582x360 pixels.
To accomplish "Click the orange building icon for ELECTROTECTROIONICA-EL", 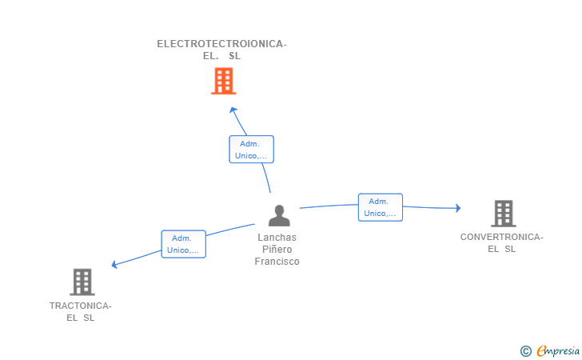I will coord(223,81).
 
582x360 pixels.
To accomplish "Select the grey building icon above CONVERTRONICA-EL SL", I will coord(502,213).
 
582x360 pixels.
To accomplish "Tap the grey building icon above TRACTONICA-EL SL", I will coord(82,282).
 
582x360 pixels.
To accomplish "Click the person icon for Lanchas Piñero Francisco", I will coord(278,215).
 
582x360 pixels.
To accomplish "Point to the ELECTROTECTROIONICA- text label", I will coord(221,44).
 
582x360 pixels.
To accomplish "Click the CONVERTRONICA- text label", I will coord(501,237).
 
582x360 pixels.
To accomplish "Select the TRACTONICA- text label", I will coord(80,306).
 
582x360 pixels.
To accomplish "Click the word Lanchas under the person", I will coord(277,238).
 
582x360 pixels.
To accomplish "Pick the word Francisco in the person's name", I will coord(277,262).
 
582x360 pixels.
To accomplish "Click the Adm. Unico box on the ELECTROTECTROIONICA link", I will coord(251,150).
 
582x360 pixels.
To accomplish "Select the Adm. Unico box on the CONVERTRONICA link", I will coord(380,207).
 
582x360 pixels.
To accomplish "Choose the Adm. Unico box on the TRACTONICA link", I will coord(183,244).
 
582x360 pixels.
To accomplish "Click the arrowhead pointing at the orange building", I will coord(233,110).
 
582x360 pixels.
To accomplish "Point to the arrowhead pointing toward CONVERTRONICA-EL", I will coord(458,208).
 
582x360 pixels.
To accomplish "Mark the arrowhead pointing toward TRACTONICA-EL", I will coord(115,265).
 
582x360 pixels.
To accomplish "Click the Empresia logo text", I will coord(557,350).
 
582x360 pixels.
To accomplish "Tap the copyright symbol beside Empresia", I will coord(525,351).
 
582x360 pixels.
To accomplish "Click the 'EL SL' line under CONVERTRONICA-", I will coord(501,249).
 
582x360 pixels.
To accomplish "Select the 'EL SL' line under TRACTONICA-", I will coord(80,318).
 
